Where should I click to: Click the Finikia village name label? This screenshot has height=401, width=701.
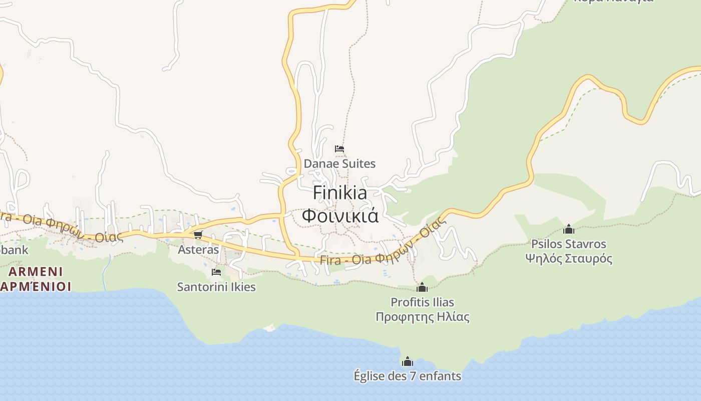(340, 193)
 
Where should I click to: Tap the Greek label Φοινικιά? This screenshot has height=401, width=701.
(340, 216)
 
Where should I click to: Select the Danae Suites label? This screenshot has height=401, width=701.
(339, 164)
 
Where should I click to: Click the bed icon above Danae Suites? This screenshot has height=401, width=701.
(339, 149)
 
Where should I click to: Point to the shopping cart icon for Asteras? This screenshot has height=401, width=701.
(198, 235)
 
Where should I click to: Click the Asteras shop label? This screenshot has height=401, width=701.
(199, 250)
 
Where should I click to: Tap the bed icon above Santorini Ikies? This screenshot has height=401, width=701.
(216, 272)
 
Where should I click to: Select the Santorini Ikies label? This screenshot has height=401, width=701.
(216, 287)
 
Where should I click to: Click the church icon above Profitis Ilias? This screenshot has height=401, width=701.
(422, 287)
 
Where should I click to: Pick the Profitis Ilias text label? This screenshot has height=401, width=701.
(422, 302)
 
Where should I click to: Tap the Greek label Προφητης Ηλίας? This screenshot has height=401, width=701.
(422, 317)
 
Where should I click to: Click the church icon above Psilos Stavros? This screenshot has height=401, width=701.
(568, 229)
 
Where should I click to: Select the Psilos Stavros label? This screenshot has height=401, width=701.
(568, 244)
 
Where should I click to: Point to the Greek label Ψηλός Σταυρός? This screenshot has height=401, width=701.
(568, 259)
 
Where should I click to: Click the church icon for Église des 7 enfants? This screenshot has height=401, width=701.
(408, 361)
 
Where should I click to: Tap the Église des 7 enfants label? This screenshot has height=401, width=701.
(407, 376)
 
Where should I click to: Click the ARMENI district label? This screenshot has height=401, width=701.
(36, 272)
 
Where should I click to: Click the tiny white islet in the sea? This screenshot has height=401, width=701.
(270, 328)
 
